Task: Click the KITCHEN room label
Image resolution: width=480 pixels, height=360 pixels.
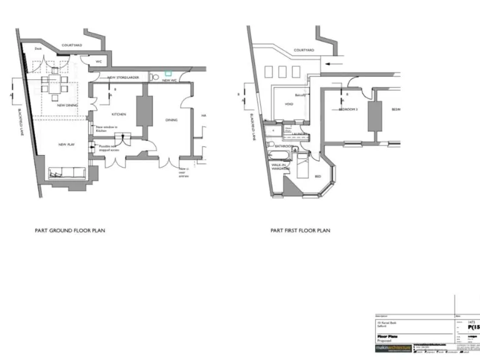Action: tap(119, 114)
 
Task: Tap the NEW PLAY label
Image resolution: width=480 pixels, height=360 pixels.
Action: tap(67, 144)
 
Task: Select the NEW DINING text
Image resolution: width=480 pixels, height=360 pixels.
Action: tap(67, 105)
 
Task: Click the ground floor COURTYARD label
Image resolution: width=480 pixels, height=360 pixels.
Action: tap(72, 45)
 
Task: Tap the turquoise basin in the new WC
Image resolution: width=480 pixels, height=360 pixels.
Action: tap(167, 74)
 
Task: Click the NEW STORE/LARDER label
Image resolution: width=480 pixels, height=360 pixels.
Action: tap(123, 77)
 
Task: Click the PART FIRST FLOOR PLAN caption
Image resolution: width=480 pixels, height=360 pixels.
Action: tap(300, 231)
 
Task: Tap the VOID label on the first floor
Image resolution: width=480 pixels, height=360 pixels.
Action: tap(289, 104)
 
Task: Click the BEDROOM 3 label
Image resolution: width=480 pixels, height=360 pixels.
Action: tap(347, 109)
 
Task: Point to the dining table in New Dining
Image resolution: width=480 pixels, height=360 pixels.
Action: tap(54, 88)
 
